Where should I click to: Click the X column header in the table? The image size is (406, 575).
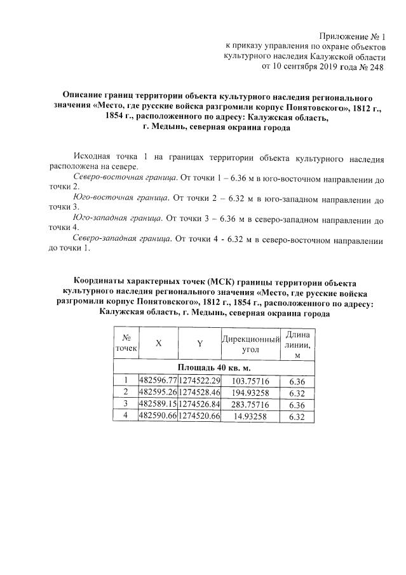pos(158,343)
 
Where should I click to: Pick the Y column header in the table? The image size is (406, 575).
pos(199,343)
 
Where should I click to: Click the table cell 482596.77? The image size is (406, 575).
pos(158,380)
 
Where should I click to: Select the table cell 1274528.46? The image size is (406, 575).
pos(199,392)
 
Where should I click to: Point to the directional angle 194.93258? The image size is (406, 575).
pos(251,392)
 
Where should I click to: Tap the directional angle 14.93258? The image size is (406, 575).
pos(251,416)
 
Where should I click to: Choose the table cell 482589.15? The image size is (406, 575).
pos(158,404)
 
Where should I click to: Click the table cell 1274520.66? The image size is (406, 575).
pos(199,416)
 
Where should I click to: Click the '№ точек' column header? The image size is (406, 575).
pos(126,343)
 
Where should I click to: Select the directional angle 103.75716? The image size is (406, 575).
pos(251,380)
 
